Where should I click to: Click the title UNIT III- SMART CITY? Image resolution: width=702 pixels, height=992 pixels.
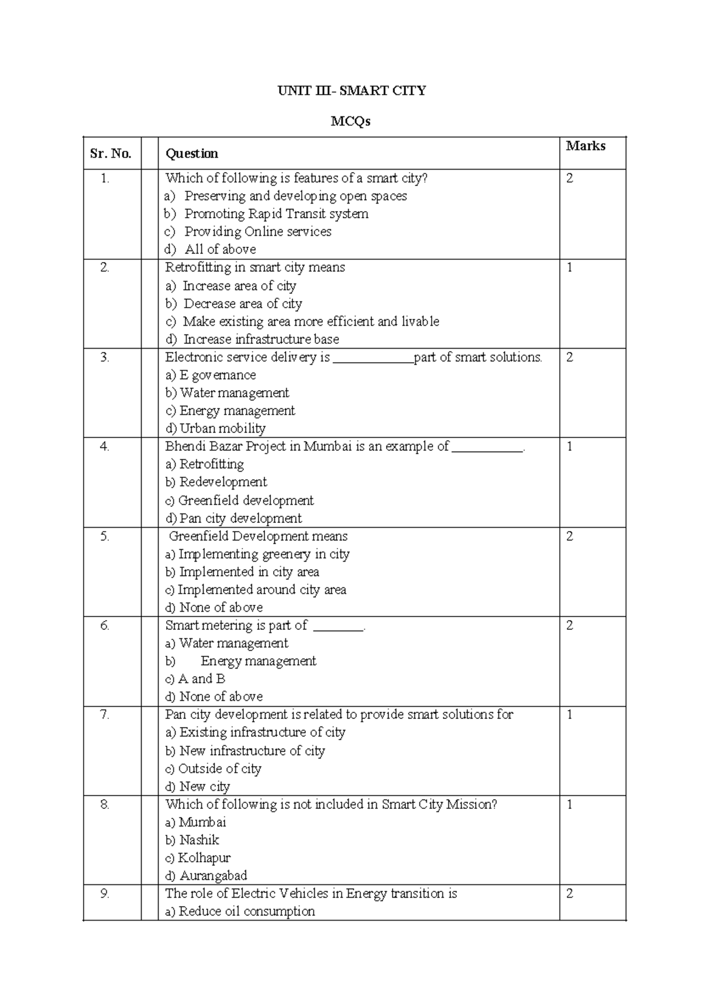pyautogui.click(x=351, y=91)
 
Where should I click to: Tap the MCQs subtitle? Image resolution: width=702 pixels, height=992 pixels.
pyautogui.click(x=350, y=122)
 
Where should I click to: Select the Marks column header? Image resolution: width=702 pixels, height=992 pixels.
pyautogui.click(x=585, y=146)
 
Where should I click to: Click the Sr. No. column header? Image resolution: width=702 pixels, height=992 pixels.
pyautogui.click(x=111, y=154)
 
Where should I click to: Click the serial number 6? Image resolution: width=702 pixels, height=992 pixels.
pyautogui.click(x=105, y=625)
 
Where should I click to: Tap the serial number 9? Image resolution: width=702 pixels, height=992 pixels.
pyautogui.click(x=105, y=893)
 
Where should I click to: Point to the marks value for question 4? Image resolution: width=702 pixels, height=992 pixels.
pyautogui.click(x=570, y=447)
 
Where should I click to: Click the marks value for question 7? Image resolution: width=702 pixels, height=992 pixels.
pyautogui.click(x=570, y=714)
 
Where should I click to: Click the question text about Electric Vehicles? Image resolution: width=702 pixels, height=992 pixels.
pyautogui.click(x=311, y=893)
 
